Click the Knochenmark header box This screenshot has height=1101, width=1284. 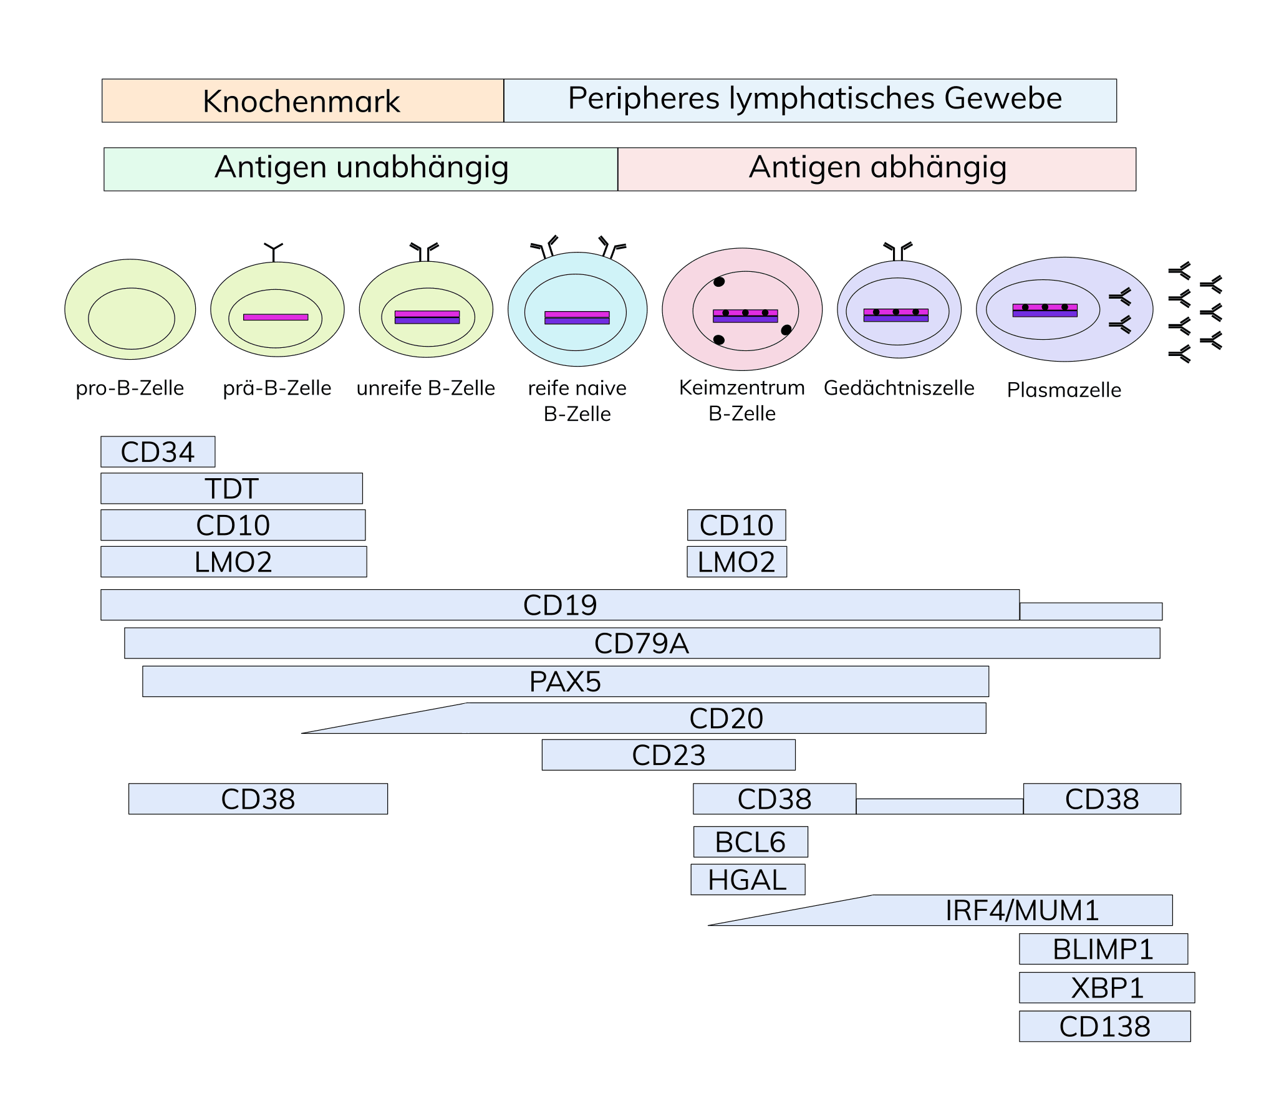tap(302, 101)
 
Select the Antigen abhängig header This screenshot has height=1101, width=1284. tap(876, 169)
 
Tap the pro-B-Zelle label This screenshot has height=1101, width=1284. tap(130, 388)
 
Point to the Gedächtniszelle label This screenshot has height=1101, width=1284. tap(899, 388)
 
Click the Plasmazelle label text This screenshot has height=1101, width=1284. tap(1064, 390)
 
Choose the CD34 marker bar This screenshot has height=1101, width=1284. tap(158, 452)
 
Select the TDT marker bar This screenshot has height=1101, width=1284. tap(231, 488)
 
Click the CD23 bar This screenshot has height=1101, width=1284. tap(669, 755)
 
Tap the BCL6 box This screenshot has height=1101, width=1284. tap(750, 842)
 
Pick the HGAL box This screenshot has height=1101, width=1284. tap(748, 880)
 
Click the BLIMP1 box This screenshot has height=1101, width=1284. tap(1103, 949)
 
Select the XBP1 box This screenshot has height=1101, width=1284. tap(1107, 988)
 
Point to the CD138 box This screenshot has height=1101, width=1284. tap(1104, 1026)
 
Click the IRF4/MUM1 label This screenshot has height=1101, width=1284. tap(1022, 911)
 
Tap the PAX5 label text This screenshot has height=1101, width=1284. tap(565, 681)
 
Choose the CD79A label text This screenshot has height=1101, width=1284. tap(642, 643)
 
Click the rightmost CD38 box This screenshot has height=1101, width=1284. tap(1102, 799)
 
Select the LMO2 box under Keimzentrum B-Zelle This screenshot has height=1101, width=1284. tap(736, 562)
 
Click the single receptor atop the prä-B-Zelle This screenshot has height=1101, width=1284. tap(273, 251)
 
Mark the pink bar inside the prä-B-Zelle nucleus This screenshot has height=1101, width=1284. tap(276, 317)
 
